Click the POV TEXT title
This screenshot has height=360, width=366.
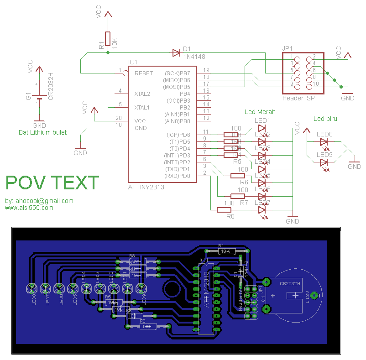pyautogui.click(x=52, y=183)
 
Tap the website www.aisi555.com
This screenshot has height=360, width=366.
pyautogui.click(x=29, y=208)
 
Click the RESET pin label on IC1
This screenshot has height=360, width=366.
pyautogui.click(x=144, y=73)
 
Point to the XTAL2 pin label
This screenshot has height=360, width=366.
pyautogui.click(x=142, y=94)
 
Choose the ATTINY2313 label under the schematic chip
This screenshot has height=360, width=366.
pyautogui.click(x=146, y=187)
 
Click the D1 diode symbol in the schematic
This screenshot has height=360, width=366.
pyautogui.click(x=176, y=53)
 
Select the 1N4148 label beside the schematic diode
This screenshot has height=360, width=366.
pyautogui.click(x=194, y=57)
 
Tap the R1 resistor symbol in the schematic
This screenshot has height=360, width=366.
pyautogui.click(x=108, y=39)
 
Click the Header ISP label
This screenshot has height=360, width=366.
pyautogui.click(x=298, y=98)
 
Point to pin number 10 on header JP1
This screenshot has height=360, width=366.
pyautogui.click(x=315, y=84)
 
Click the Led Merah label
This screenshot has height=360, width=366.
pyautogui.click(x=260, y=112)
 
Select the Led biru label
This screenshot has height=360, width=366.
pyautogui.click(x=325, y=119)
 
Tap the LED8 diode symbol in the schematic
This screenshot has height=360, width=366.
pyautogui.click(x=324, y=142)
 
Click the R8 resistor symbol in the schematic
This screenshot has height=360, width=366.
pyautogui.click(x=224, y=209)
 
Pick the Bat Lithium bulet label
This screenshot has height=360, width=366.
pyautogui.click(x=42, y=132)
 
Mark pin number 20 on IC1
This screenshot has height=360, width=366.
pyautogui.click(x=119, y=118)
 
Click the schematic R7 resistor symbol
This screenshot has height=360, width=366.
pyautogui.click(x=238, y=196)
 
